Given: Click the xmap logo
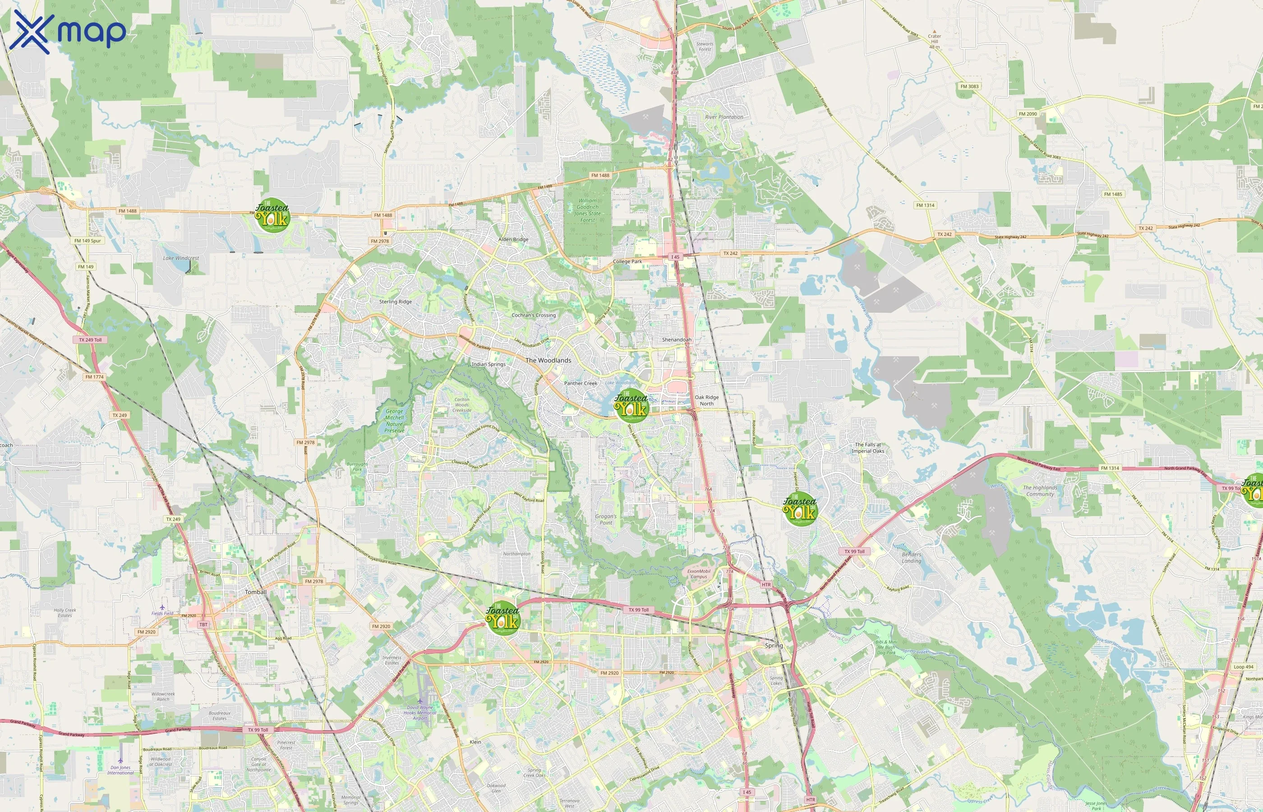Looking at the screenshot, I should [68, 32].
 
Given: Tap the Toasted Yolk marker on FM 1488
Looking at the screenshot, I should [272, 216].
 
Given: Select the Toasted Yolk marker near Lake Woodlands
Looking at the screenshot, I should [631, 406].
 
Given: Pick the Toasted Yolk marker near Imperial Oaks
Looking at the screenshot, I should [800, 509].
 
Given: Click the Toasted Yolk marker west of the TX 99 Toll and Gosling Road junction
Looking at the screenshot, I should [502, 618].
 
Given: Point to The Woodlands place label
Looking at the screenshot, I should [548, 360].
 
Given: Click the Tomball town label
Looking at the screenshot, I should [256, 592].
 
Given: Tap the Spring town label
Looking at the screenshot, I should [774, 646].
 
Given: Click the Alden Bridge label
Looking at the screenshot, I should [513, 240].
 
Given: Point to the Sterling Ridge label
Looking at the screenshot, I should [395, 302].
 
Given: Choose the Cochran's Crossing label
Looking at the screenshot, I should [534, 315].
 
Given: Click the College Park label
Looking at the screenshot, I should [627, 262].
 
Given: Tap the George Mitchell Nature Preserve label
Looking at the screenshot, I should [394, 421].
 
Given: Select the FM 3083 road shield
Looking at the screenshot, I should [969, 87].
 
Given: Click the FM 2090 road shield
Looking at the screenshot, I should [1028, 114].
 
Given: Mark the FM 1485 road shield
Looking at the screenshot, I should [1113, 194].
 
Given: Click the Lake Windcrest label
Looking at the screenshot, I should [181, 258].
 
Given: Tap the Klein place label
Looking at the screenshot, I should [475, 742].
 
